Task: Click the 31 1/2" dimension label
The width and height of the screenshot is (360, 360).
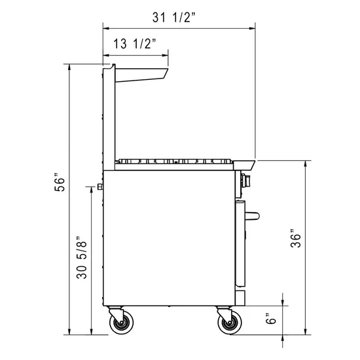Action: point(174,18)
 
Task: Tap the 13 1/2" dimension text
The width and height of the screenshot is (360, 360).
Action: point(135,44)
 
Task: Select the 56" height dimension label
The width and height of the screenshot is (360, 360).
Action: point(60,182)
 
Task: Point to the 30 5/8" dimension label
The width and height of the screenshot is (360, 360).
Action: point(82,257)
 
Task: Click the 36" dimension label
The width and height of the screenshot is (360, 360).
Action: point(296,238)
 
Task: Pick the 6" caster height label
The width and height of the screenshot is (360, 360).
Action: point(271,318)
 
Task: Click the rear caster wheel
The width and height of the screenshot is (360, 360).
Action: point(121,322)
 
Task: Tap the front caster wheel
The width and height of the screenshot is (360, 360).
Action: point(230,322)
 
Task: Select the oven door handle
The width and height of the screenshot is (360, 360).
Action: point(252,216)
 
